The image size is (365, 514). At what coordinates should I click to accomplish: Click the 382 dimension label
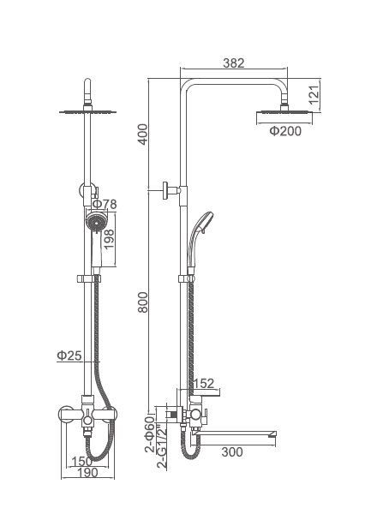[x=234, y=63]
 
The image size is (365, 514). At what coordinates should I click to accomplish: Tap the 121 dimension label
[x=314, y=95]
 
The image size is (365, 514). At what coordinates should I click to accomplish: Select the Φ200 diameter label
[x=285, y=131]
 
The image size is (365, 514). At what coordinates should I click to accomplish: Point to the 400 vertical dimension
[x=143, y=134]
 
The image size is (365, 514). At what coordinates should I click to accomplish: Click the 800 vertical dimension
[x=143, y=302]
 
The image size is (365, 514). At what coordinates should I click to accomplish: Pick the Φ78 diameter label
[x=105, y=204]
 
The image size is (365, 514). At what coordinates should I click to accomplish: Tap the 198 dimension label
[x=109, y=239]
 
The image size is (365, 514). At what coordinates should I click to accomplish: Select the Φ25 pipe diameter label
[x=69, y=356]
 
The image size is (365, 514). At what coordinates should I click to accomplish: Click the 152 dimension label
[x=203, y=384]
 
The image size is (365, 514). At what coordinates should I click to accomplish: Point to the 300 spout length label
[x=232, y=452]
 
